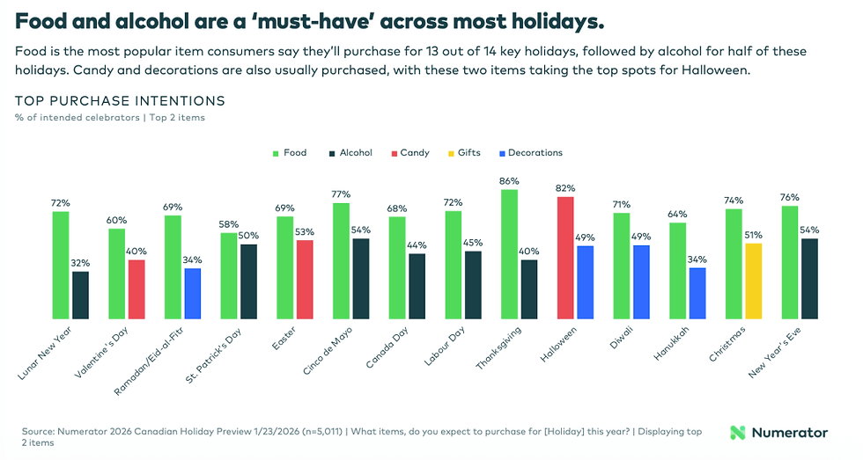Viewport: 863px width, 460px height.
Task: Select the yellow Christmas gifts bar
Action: (x=753, y=281)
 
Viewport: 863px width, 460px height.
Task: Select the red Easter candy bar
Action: (x=304, y=280)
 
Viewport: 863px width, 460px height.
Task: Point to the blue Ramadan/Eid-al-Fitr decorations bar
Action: (x=192, y=293)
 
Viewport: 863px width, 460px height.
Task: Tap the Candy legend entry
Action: (x=408, y=153)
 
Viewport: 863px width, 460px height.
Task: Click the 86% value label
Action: (x=509, y=181)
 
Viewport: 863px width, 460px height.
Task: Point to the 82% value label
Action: (x=565, y=188)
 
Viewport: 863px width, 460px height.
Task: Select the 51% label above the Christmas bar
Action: (x=753, y=235)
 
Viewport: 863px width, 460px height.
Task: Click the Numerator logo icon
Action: (x=739, y=433)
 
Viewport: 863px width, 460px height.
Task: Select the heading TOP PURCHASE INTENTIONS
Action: (x=120, y=101)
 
